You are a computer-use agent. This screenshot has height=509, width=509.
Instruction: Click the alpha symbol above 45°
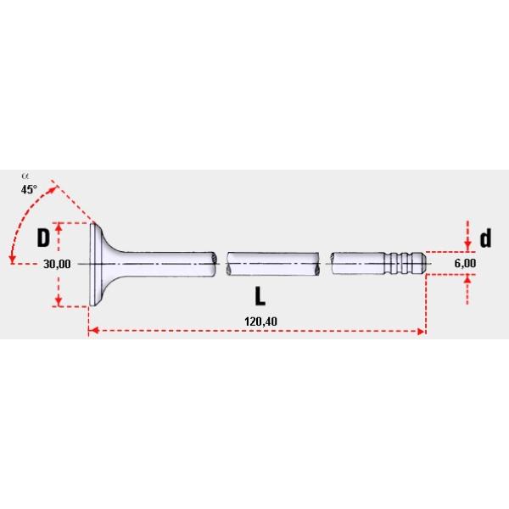pos(25,177)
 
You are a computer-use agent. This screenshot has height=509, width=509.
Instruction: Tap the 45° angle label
pos(30,190)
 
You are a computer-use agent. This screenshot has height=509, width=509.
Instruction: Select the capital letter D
pos(42,238)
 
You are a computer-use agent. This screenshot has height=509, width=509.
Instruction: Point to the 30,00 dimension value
pos(57,264)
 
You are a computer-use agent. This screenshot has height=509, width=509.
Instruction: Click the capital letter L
pos(260,296)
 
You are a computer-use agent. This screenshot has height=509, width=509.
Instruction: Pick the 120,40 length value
pos(255,322)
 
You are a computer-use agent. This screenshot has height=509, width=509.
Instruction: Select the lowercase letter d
pos(485,238)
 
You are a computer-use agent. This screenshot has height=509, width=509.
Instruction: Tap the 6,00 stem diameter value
pos(465,264)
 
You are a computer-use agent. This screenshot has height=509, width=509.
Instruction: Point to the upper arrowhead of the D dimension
pos(59,227)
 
